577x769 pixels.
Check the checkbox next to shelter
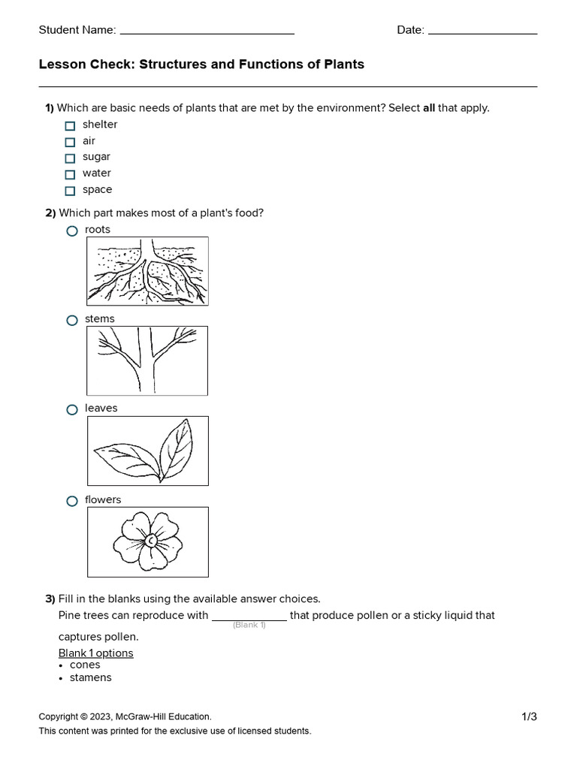coord(70,125)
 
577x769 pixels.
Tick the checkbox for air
coord(70,142)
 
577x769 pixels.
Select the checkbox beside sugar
coord(70,158)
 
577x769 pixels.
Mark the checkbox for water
coord(70,174)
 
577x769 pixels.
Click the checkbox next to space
coord(70,191)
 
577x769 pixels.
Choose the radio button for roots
coord(72,231)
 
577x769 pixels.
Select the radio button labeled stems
coord(72,320)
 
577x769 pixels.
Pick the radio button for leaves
coord(72,409)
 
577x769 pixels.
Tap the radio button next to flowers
coord(72,501)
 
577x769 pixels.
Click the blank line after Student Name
coord(207,32)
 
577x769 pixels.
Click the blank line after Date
coord(482,32)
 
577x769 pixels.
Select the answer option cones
coord(85,665)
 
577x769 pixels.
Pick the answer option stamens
coord(90,677)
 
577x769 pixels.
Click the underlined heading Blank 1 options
coord(95,653)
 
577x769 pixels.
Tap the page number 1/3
coord(529,716)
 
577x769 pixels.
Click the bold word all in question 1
coord(429,107)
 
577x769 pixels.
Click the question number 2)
coord(50,213)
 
